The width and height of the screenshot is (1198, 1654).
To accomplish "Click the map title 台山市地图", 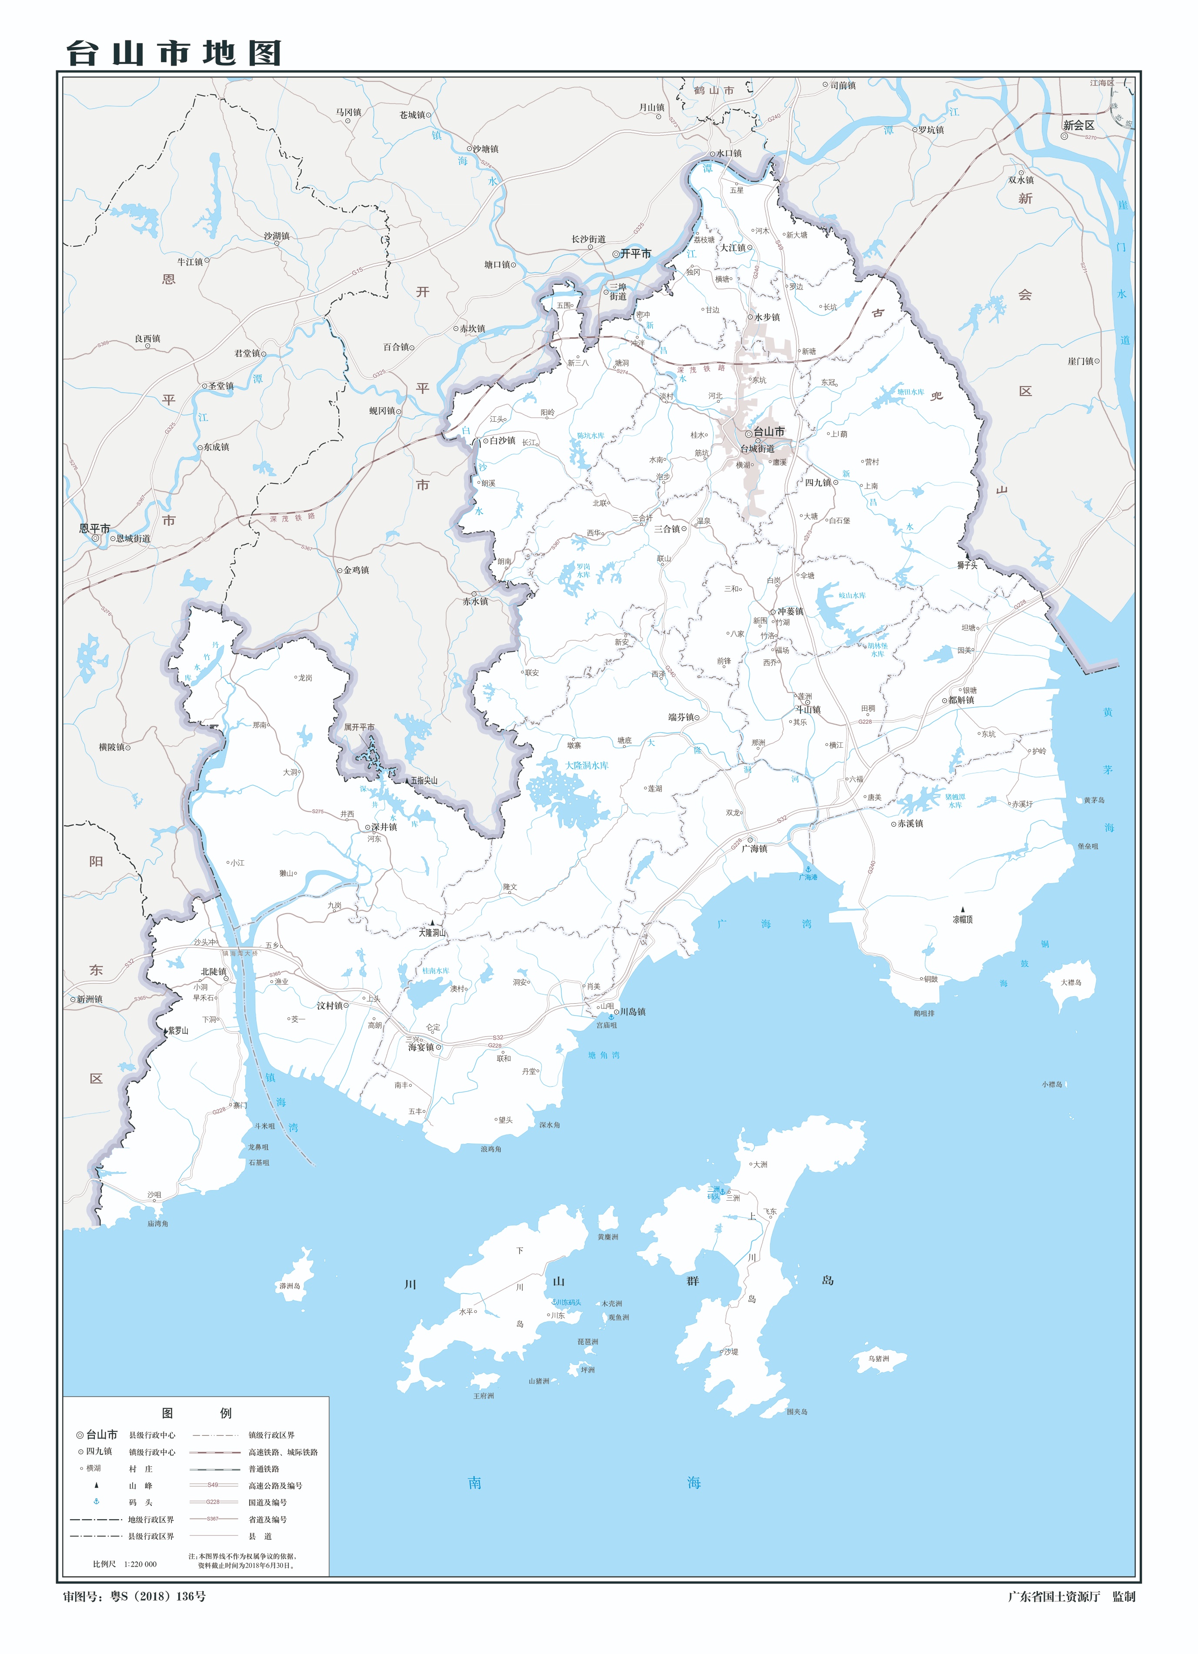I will pos(174,53).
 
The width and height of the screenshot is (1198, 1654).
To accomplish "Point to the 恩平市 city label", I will pos(95,528).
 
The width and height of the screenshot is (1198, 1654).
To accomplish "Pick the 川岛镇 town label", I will pos(632,1012).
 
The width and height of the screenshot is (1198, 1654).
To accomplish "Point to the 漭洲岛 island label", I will pos(290,1286).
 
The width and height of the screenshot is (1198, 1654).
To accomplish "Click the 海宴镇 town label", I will pos(421,1047).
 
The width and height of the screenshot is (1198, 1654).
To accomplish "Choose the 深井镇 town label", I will pos(384,827).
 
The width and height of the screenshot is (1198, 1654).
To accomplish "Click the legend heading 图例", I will pos(196,1413).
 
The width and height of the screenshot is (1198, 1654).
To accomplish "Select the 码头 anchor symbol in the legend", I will pos(96,1501).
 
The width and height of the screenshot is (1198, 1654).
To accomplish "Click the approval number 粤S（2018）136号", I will pos(157,1596).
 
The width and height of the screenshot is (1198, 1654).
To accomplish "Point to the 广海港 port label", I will pos(808,877).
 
